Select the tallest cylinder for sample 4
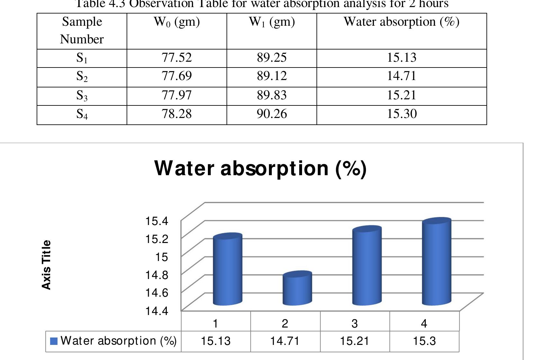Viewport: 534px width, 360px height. [436, 262]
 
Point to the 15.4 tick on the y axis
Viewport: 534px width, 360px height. [157, 221]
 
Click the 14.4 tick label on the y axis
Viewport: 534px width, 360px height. [157, 311]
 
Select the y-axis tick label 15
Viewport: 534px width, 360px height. [161, 257]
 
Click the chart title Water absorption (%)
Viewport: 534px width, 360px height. [260, 168]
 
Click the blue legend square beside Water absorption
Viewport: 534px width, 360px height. [54, 341]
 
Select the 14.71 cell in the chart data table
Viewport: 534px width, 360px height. [285, 341]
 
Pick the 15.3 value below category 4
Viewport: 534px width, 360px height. [424, 341]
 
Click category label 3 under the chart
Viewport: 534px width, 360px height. [354, 323]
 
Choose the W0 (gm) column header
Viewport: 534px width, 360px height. [177, 22]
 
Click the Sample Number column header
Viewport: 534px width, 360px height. [82, 31]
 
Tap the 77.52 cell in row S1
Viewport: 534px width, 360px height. [177, 58]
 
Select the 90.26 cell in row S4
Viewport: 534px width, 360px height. [271, 114]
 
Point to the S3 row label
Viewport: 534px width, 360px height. [82, 95]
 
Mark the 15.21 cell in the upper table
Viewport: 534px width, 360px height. [402, 95]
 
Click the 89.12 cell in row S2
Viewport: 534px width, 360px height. [271, 76]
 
